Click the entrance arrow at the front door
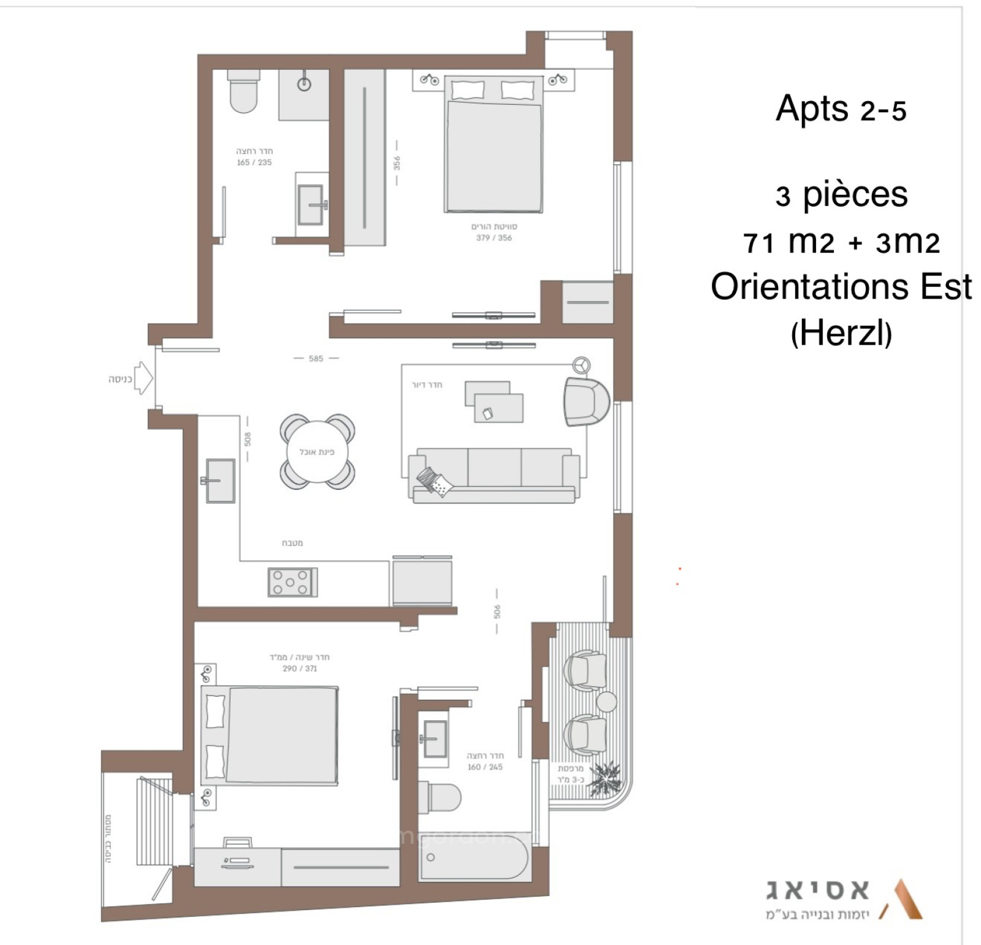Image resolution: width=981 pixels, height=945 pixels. point(143,378)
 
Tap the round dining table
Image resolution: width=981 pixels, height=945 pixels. point(316,452)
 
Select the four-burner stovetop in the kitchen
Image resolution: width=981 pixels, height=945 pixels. point(292,582)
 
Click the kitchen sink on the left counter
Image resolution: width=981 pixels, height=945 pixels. point(219,480)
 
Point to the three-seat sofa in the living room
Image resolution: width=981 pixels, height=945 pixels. point(494,475)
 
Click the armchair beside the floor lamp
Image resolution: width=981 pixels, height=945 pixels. point(586,402)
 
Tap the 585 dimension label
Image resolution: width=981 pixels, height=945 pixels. point(316,359)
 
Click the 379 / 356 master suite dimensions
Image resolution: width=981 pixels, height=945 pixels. point(494,238)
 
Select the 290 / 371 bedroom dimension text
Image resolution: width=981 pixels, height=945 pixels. point(300,668)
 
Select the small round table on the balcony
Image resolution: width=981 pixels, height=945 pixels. point(606,702)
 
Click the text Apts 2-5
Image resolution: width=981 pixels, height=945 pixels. point(841,110)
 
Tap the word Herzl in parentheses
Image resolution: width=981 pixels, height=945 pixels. point(841,334)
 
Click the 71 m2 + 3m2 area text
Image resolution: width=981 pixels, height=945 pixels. point(841,243)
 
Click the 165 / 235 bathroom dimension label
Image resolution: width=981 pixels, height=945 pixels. point(254,163)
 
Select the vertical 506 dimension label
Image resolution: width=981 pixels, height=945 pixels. point(497,611)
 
